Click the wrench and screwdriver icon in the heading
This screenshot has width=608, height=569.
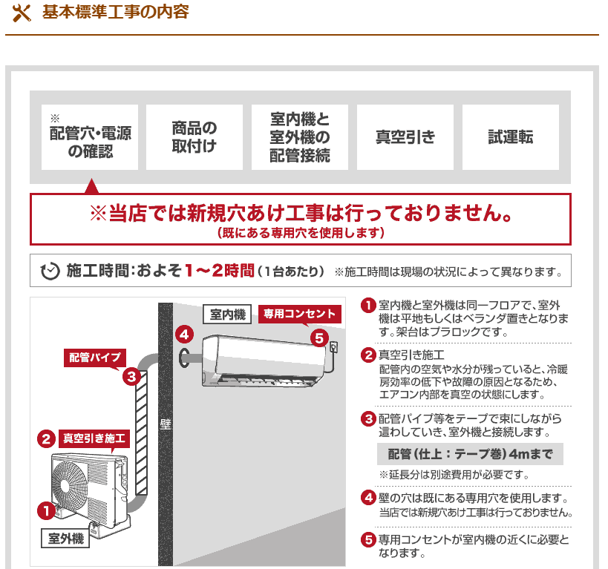coord(22,13)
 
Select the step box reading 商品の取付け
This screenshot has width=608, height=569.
coord(195,137)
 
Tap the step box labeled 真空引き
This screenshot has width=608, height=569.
coord(405,137)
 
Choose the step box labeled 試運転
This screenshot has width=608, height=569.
coord(511,137)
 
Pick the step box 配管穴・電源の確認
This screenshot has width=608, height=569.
coord(90,137)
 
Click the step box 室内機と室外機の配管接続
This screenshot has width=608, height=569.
coord(300,137)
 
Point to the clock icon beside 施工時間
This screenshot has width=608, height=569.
coord(50,271)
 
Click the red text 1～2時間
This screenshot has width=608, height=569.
coord(220,271)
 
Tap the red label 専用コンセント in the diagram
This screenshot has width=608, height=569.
coord(300,314)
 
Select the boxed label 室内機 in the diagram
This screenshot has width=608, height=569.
coord(228,314)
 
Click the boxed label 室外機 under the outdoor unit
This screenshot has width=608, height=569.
coord(65,538)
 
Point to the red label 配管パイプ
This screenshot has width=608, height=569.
coord(95,358)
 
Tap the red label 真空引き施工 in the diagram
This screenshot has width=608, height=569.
coord(94,438)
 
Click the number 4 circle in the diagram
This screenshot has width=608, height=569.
coord(184,335)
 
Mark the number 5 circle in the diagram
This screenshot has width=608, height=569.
coord(319,338)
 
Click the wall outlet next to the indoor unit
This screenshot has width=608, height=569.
coord(333,346)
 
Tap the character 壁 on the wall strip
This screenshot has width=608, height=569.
coord(166,424)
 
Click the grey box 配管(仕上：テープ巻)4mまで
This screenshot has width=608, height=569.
coord(470,454)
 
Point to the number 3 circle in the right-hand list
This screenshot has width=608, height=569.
coord(368,419)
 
